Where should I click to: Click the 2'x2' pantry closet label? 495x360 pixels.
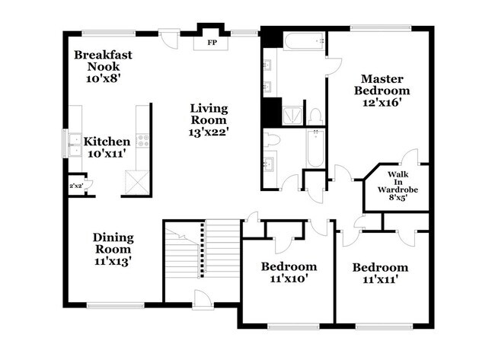pos(75,186)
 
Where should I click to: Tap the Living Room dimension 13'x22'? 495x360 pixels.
pos(209,131)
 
